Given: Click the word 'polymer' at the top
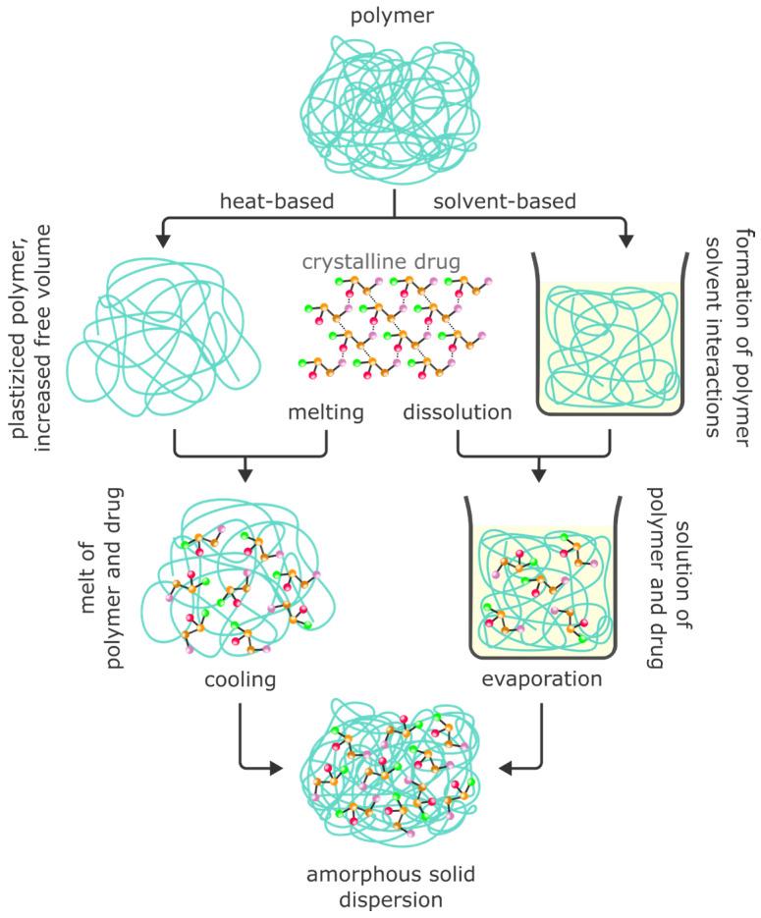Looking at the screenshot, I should (394, 16).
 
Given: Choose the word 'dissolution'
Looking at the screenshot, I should (458, 412).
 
